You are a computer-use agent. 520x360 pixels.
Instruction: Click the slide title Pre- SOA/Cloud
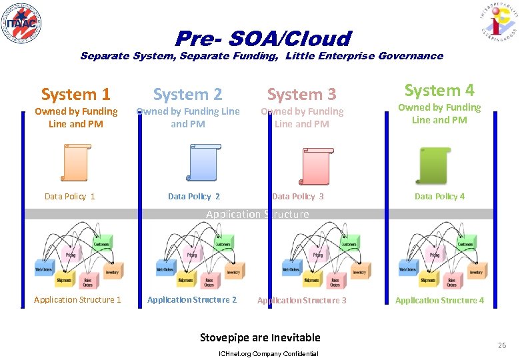pos(263,38)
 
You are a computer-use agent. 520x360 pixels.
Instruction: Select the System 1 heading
pos(75,95)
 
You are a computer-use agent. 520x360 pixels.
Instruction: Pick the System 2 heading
pos(188,95)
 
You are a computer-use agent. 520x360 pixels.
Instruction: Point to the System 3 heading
pos(302,95)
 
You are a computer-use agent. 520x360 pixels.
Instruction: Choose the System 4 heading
pos(439,90)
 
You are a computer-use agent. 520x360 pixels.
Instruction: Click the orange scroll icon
pos(75,163)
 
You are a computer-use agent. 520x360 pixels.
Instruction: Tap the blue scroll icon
pos(201,163)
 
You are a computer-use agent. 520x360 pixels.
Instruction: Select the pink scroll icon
pos(314,163)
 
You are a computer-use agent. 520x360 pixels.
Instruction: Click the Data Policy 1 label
pos(69,196)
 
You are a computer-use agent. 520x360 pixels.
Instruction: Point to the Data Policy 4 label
pos(439,196)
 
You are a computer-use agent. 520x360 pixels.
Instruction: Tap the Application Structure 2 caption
pos(192,300)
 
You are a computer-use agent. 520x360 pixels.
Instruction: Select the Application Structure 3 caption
pos(302,301)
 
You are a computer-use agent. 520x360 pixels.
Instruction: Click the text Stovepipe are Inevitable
pos(260,337)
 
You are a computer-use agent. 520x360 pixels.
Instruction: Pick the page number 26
pos(501,345)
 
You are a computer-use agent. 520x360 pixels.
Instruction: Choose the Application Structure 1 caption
pos(77,300)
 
